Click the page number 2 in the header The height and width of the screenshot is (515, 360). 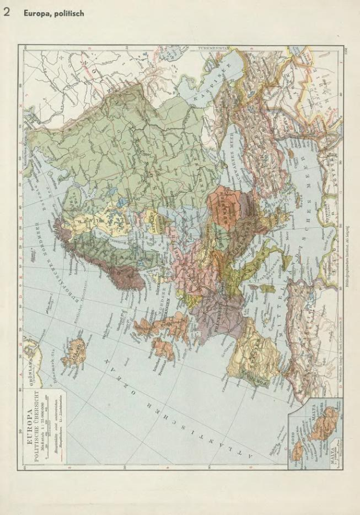(7, 12)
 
